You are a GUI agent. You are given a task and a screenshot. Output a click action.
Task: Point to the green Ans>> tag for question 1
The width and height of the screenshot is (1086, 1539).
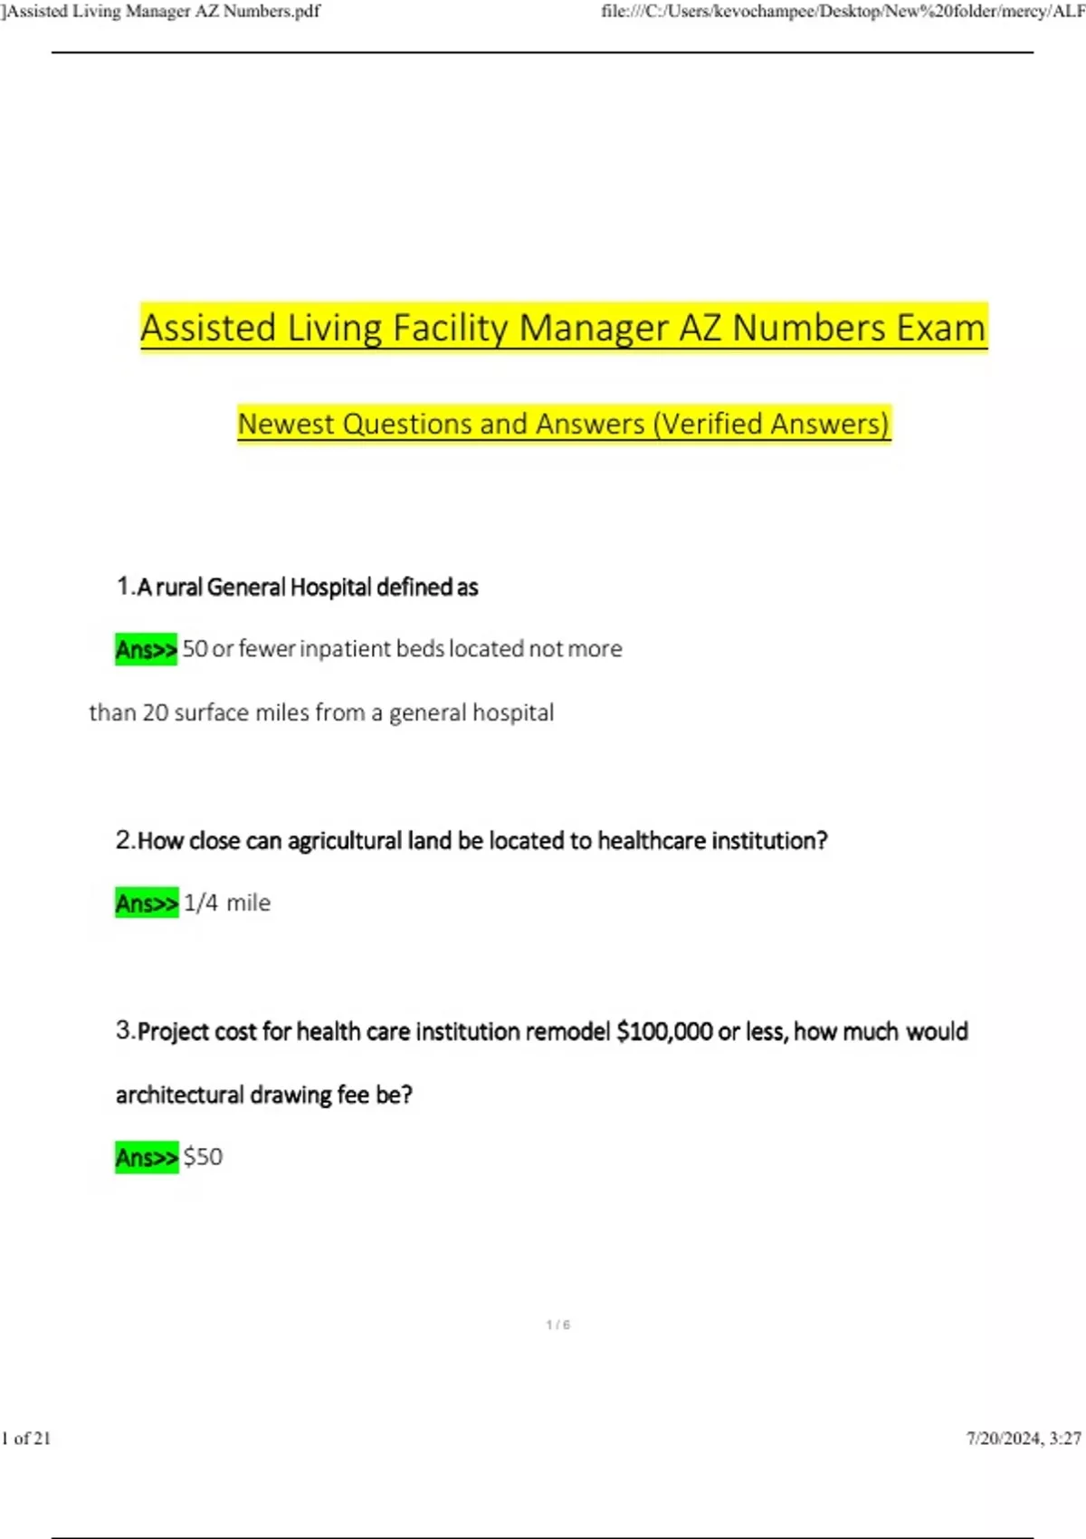146,649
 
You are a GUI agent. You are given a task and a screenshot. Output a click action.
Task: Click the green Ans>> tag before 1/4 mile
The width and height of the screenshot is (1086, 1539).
147,903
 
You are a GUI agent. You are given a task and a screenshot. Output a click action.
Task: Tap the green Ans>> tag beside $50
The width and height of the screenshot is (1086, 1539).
147,1157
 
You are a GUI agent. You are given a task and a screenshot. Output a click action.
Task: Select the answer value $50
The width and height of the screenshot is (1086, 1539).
203,1157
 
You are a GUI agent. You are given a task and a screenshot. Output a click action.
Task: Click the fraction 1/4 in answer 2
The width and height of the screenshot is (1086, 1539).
201,903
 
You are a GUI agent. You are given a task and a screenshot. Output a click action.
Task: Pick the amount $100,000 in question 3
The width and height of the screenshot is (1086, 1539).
664,1032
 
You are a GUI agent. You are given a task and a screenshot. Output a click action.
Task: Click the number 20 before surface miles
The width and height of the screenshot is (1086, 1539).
155,713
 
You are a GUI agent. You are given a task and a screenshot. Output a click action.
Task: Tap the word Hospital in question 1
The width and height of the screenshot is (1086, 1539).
330,588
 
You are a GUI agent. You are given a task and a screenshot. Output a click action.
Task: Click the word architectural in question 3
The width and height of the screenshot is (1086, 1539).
179,1095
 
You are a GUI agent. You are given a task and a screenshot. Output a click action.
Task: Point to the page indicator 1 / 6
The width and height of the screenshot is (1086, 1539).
558,1324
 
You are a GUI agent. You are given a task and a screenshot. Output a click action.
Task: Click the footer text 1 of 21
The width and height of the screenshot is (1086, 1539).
26,1439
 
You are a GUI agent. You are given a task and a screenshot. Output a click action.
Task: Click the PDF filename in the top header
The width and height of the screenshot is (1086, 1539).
163,11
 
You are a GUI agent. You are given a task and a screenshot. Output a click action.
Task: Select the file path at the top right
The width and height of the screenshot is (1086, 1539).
843,11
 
